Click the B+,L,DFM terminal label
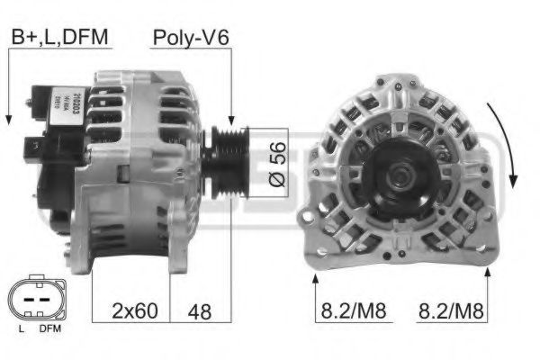point(59,37)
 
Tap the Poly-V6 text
point(190,37)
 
